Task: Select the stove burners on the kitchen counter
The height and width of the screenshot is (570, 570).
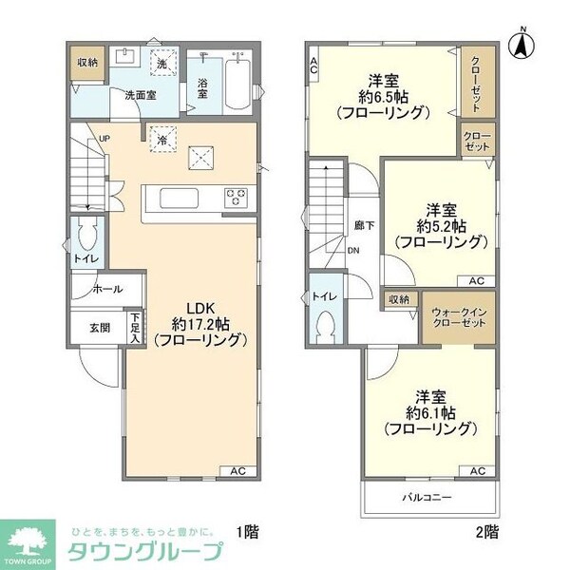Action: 234,197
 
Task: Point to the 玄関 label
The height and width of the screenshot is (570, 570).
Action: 100,328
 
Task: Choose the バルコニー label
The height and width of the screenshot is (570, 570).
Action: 426,497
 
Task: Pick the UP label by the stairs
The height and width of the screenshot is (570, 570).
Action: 104,139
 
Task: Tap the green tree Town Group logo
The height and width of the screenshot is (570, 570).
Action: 28,542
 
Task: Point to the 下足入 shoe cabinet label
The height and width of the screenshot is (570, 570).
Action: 136,329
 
